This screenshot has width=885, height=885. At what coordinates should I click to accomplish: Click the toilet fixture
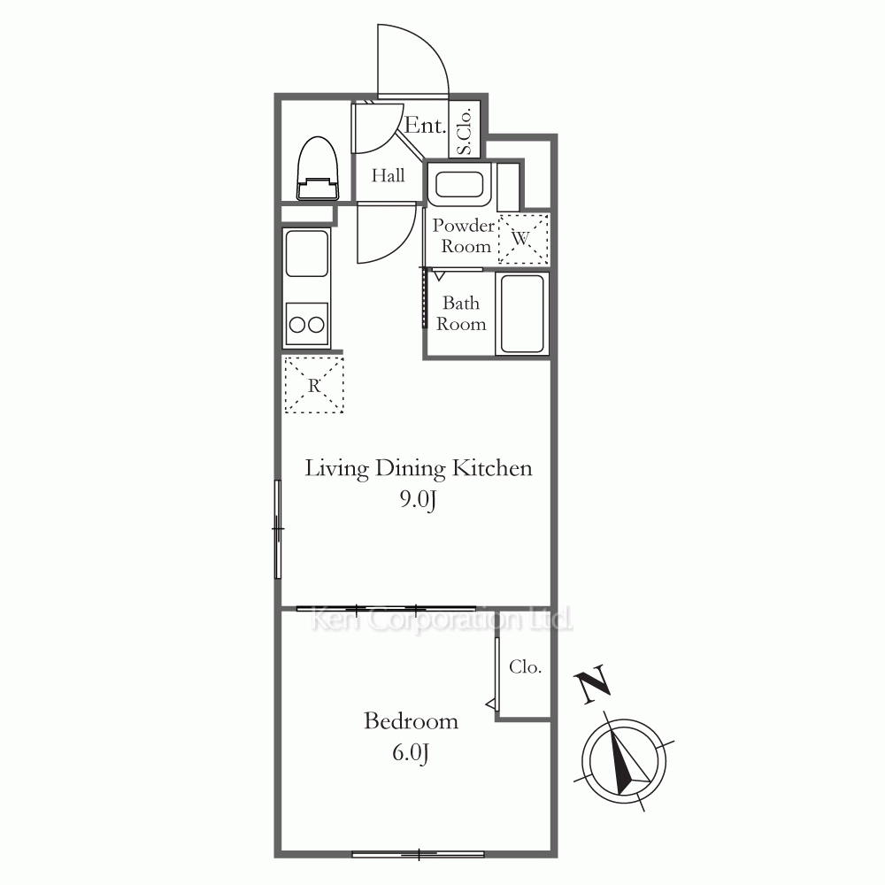(x=318, y=168)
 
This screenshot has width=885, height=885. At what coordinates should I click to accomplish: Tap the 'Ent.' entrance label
(x=425, y=125)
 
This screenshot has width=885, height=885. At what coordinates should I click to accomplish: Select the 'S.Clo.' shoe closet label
(x=465, y=131)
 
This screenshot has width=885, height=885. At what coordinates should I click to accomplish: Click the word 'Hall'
(x=388, y=175)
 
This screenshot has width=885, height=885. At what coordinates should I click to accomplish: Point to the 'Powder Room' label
(x=464, y=236)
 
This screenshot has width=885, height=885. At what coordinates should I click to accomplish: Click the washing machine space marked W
(x=523, y=239)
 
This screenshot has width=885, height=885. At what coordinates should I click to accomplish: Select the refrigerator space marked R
(x=314, y=386)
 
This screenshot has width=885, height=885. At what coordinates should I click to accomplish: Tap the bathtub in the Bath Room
(x=522, y=314)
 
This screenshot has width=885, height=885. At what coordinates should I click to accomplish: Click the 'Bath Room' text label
(x=461, y=313)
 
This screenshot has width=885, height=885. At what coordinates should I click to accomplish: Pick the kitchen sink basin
(x=307, y=253)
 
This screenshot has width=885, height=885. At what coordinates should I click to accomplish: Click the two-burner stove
(x=307, y=324)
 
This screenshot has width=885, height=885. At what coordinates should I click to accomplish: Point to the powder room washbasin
(x=459, y=184)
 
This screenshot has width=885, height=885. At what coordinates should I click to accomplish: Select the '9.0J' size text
(x=419, y=499)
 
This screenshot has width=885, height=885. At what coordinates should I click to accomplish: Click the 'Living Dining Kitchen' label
(x=419, y=468)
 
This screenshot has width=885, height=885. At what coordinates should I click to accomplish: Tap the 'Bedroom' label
(x=411, y=720)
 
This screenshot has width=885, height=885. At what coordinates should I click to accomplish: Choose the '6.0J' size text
(x=411, y=752)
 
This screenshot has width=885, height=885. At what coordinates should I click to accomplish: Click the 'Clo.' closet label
(x=525, y=666)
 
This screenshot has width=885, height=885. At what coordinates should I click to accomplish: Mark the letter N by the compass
(x=593, y=684)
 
